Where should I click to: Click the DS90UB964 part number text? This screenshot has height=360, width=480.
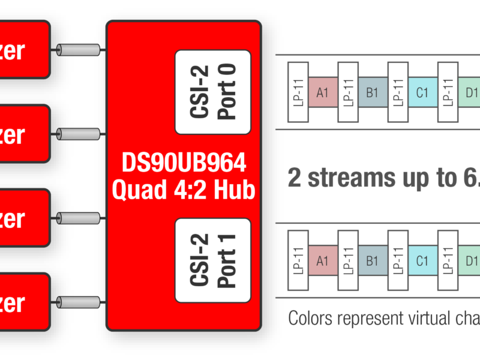click(x=184, y=163)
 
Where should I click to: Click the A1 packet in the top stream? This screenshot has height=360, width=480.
click(x=323, y=92)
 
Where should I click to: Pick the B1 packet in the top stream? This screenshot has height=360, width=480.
click(x=373, y=92)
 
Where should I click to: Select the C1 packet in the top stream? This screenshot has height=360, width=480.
click(x=422, y=92)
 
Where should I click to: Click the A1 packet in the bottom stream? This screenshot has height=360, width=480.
click(x=323, y=260)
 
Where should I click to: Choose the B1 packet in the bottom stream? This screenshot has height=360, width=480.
click(x=373, y=260)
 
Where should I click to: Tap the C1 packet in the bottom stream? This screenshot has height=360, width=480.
click(x=422, y=260)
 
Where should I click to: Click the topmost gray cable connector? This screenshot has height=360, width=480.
click(x=78, y=49)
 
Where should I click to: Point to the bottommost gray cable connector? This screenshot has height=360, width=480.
click(x=78, y=302)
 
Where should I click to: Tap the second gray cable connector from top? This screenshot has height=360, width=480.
click(x=78, y=133)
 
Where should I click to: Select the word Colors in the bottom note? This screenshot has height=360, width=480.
click(x=312, y=318)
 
